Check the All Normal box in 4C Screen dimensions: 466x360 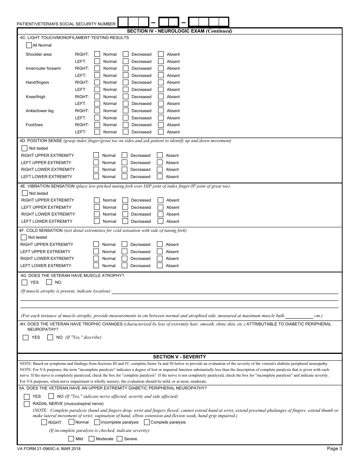pyautogui.click(x=29, y=45)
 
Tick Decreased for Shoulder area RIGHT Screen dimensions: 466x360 pyautogui.click(x=125, y=54)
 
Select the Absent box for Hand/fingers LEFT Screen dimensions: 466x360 pyautogui.click(x=161, y=89)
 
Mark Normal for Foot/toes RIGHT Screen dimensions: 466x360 pyautogui.click(x=97, y=125)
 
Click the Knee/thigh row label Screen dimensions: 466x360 pyautogui.click(x=36, y=97)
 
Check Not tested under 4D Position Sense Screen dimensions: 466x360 pyautogui.click(x=25, y=148)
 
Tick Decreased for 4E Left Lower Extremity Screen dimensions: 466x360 pyautogui.click(x=125, y=221)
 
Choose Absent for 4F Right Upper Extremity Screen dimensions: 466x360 pyautogui.click(x=160, y=244)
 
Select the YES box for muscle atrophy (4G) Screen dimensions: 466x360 pyautogui.click(x=25, y=282)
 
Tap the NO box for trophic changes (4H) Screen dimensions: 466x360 pyautogui.click(x=50, y=337)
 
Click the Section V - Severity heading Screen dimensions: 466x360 pyautogui.click(x=179, y=357)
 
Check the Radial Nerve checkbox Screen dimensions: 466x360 pyautogui.click(x=27, y=404)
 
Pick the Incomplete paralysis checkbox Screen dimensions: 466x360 pyautogui.click(x=97, y=422)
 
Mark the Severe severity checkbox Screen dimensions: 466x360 pyautogui.click(x=119, y=439)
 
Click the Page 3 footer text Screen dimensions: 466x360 pyautogui.click(x=334, y=449)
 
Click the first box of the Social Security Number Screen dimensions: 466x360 pyautogui.click(x=123, y=22)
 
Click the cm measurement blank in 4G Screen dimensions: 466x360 pyautogui.click(x=299, y=315)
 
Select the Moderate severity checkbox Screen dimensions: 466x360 pyautogui.click(x=91, y=439)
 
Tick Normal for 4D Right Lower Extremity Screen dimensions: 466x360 pyautogui.click(x=96, y=169)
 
